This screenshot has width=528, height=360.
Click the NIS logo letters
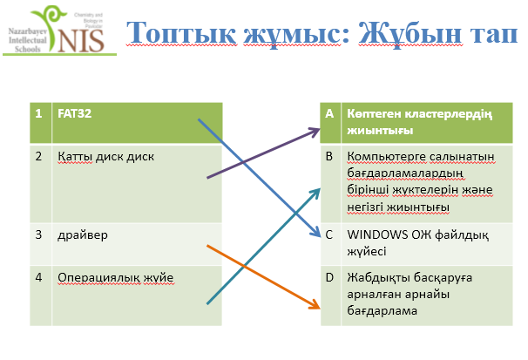point(81,41)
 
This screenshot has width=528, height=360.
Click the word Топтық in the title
point(182,33)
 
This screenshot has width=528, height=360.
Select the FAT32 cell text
point(74,113)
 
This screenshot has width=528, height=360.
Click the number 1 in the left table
point(38,113)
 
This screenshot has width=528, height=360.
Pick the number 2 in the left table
point(38,156)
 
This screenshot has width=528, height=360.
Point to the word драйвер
point(83,235)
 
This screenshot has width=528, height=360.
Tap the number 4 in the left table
point(38,277)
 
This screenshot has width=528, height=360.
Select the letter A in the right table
point(329,113)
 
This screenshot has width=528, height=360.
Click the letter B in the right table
point(329,156)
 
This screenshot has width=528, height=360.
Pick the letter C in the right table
point(329,234)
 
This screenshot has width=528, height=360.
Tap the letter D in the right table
point(329,277)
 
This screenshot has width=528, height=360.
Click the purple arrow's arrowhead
point(315,132)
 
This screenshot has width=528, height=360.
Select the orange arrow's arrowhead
point(315,304)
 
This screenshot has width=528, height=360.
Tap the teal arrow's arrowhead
point(316,193)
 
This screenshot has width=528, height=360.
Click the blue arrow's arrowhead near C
point(316,232)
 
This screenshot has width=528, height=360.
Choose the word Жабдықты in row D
point(376,278)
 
